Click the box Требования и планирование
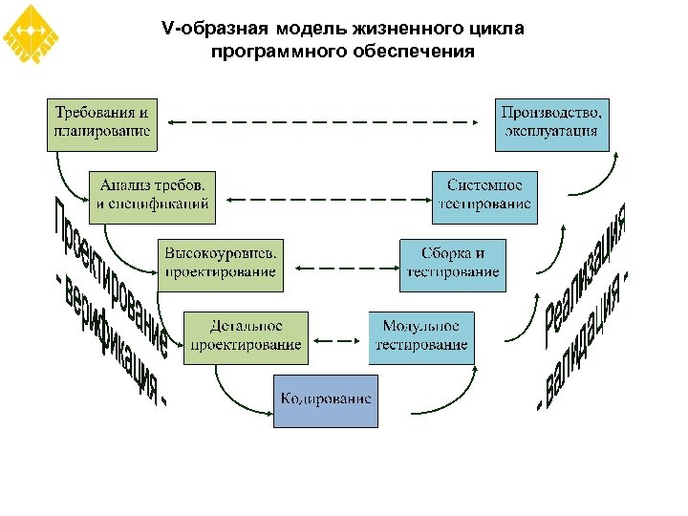(102, 123)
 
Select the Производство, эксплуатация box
(552, 123)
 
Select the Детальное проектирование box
(247, 337)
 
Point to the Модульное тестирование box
(421, 337)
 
